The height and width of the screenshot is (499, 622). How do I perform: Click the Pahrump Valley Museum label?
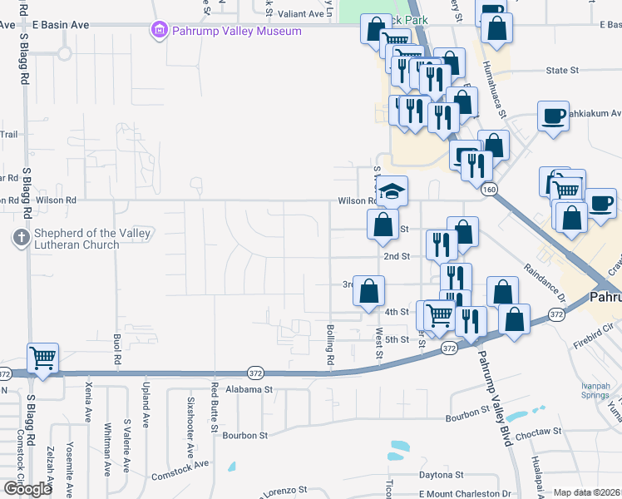coord(236,32)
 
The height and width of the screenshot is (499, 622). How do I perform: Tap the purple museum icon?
coord(158,32)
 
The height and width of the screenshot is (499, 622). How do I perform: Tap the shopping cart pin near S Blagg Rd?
coord(42,359)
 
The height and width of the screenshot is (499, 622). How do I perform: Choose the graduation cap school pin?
coord(392,192)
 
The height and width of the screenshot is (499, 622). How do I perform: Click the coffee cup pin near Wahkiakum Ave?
coord(553,116)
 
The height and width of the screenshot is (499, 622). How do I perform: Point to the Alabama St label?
coord(251,388)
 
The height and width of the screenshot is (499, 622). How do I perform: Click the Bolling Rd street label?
coord(330,345)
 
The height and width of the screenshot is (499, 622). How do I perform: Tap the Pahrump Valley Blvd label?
coord(491,399)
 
